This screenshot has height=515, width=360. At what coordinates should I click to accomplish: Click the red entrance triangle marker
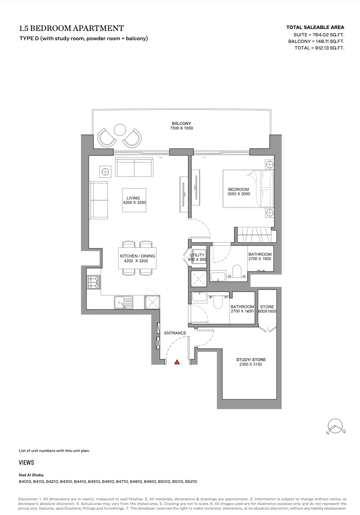pyautogui.click(x=177, y=362)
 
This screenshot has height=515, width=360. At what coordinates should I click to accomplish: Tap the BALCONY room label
pyautogui.click(x=181, y=123)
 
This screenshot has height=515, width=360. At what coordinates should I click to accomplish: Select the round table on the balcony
pyautogui.click(x=120, y=130)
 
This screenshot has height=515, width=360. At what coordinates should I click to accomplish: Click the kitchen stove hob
pyautogui.click(x=94, y=282)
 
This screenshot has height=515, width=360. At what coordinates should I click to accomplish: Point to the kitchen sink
pyautogui.click(x=123, y=302)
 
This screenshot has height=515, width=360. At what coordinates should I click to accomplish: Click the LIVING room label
pyautogui.click(x=133, y=198)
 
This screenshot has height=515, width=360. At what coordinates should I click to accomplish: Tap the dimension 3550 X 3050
pyautogui.click(x=239, y=194)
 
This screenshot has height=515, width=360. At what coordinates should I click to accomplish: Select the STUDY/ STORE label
pyautogui.click(x=251, y=360)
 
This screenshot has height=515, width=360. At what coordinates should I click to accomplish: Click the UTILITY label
pyautogui.click(x=197, y=255)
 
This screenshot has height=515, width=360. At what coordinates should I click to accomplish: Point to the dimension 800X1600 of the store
pyautogui.click(x=267, y=311)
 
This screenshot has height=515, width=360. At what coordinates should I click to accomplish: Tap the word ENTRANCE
pyautogui.click(x=175, y=333)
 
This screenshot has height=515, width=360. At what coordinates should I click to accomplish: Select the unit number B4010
pyautogui.click(x=25, y=481)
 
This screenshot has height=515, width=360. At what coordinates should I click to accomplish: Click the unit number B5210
pyautogui.click(x=191, y=481)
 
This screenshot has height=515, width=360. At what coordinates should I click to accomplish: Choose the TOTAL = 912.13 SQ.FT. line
pyautogui.click(x=319, y=48)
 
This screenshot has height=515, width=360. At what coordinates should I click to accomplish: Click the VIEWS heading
pyautogui.click(x=26, y=462)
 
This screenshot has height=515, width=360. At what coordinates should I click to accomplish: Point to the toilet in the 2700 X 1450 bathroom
pyautogui.click(x=218, y=302)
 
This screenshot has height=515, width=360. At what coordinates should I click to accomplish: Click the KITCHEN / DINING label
pyautogui.click(x=138, y=256)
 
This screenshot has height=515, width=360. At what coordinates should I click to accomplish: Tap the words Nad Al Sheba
pyautogui.click(x=31, y=475)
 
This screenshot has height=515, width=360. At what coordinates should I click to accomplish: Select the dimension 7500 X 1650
pyautogui.click(x=182, y=128)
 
